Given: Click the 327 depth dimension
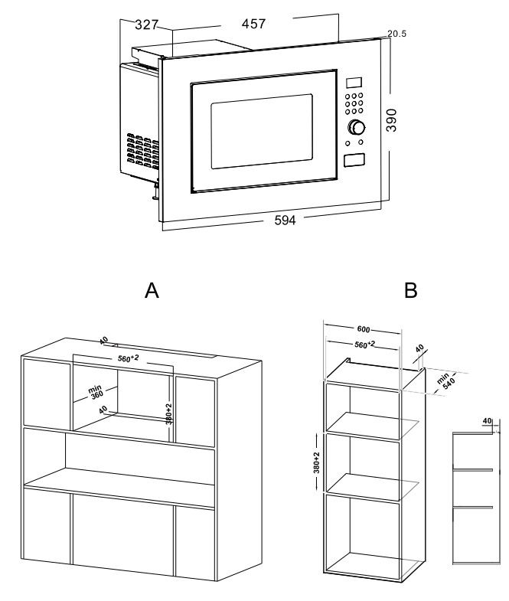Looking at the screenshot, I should coord(146,24).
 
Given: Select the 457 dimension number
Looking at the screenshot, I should coord(253,24).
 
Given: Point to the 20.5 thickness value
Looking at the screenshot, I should coord(396,34).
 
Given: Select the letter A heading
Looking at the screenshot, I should coord(152,291).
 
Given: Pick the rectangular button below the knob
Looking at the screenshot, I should coord(354,160).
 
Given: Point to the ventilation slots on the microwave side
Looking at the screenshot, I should coord(142,151).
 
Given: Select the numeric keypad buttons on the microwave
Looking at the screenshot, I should coord(354,104).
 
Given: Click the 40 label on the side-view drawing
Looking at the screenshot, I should coord(488,420).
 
